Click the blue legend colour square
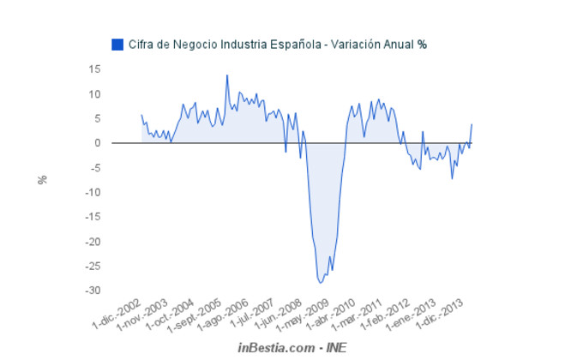pyautogui.click(x=117, y=44)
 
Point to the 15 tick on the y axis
pyautogui.click(x=94, y=69)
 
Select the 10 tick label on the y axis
pyautogui.click(x=94, y=93)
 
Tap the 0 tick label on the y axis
pyautogui.click(x=98, y=143)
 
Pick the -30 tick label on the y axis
pyautogui.click(x=93, y=291)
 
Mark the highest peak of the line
pyautogui.click(x=227, y=75)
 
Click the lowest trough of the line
pyautogui.click(x=321, y=282)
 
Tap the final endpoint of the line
pyautogui.click(x=472, y=124)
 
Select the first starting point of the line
pyautogui.click(x=141, y=115)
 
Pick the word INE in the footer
pyautogui.click(x=336, y=347)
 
